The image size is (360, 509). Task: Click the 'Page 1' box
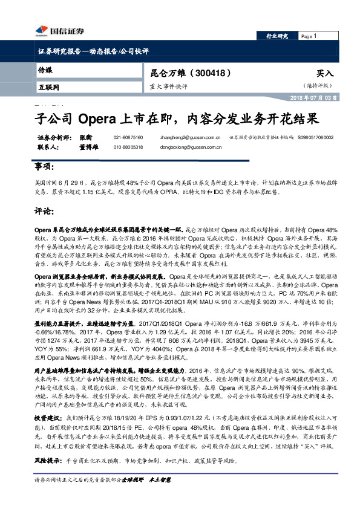pos(315,36)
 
